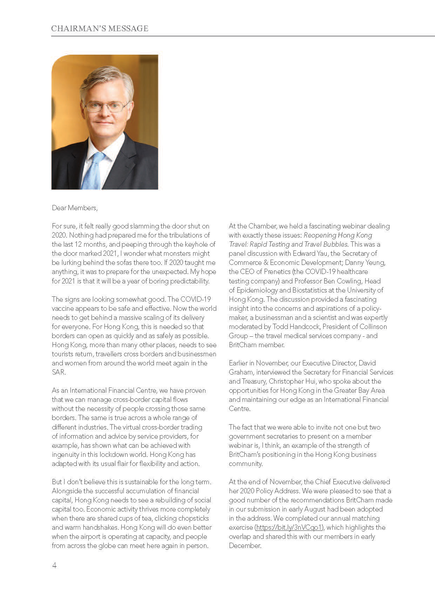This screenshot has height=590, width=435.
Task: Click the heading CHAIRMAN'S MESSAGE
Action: click(100, 29)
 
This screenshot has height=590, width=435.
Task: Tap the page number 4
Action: click(54, 565)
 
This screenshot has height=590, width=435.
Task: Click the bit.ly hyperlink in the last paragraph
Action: click(289, 527)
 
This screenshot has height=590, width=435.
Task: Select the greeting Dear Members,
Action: click(75, 208)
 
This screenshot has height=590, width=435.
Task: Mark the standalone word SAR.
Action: click(58, 372)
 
